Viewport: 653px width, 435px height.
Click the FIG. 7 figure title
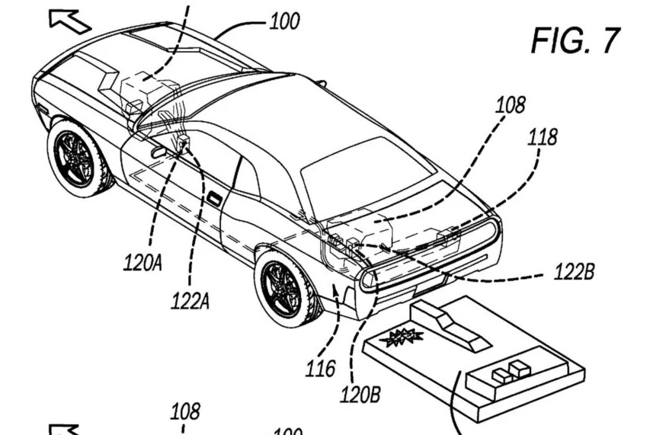click(x=576, y=40)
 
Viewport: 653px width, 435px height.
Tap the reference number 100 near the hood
click(x=284, y=21)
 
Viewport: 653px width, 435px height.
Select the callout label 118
click(x=543, y=137)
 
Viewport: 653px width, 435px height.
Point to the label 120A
click(x=142, y=262)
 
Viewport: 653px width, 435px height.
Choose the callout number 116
click(x=320, y=369)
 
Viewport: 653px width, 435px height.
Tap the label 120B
click(x=360, y=394)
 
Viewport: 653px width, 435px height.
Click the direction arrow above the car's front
click(x=69, y=21)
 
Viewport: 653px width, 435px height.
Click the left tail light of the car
click(x=368, y=280)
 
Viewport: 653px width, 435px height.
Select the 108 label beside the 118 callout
click(x=511, y=105)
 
